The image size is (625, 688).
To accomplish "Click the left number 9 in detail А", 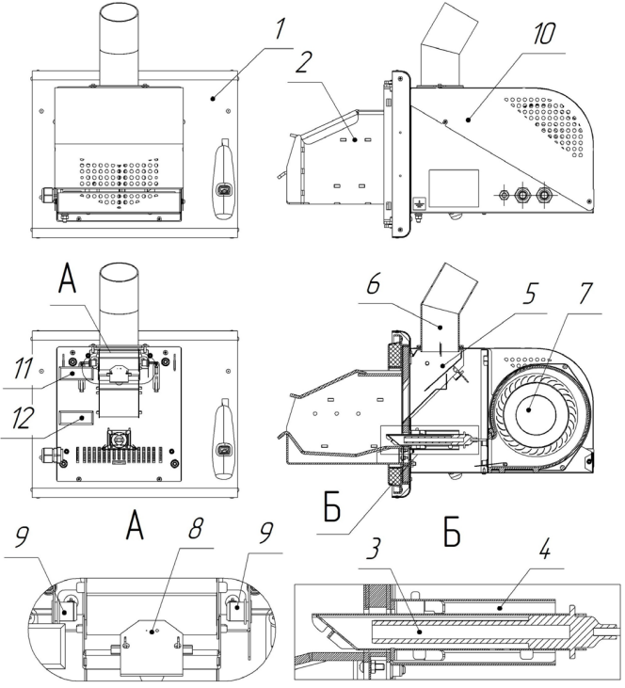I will [19, 539].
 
